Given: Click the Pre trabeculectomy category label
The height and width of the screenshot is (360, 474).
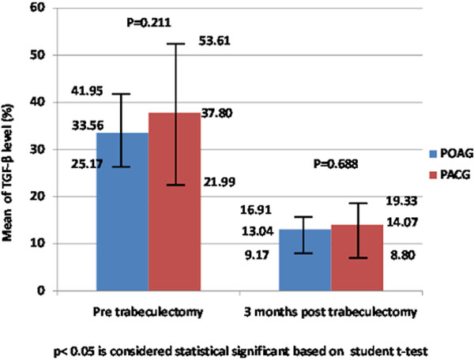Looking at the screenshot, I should (x=148, y=311).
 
